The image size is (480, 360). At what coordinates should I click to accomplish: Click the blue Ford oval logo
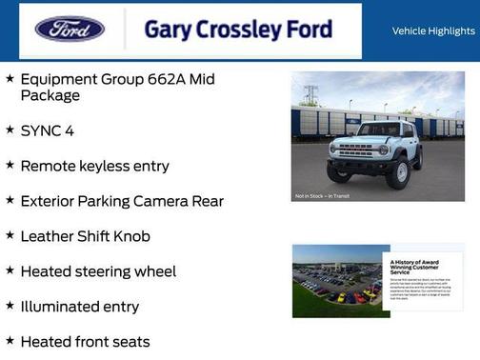coord(70,30)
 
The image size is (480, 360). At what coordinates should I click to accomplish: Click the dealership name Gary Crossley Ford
coord(238,30)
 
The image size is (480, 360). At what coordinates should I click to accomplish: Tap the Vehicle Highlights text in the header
coord(433,31)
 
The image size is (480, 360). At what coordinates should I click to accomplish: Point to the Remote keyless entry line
coord(94,166)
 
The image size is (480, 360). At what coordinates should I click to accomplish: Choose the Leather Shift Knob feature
coord(85,236)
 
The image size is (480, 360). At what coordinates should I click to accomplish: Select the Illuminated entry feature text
coord(80,307)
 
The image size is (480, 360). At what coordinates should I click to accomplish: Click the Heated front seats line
coord(85,341)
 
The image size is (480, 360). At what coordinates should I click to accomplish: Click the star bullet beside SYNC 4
coord(10,130)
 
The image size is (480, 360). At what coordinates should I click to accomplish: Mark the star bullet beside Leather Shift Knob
coord(10,235)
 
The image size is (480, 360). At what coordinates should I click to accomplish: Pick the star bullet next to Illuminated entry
coord(10,306)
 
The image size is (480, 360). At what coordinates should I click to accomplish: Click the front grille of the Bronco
coord(356,150)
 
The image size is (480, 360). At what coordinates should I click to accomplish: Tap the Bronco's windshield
coord(378,130)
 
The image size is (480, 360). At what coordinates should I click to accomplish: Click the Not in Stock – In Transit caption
coord(321,196)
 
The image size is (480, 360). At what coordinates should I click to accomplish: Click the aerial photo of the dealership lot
coord(336,281)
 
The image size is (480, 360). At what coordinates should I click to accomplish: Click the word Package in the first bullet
coord(50,96)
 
